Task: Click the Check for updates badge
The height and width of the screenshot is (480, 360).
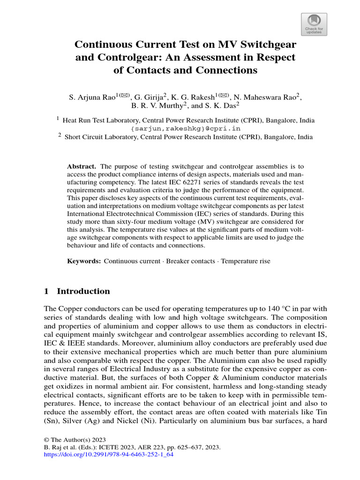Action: tap(314, 24)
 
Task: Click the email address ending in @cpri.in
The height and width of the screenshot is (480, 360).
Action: tap(186, 128)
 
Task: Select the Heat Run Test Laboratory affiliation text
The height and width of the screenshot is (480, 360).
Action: tap(101, 120)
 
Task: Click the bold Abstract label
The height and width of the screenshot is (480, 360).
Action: tap(82, 166)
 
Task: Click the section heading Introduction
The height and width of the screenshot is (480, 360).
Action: tap(83, 291)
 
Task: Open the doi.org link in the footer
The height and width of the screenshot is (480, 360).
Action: tap(105, 455)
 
